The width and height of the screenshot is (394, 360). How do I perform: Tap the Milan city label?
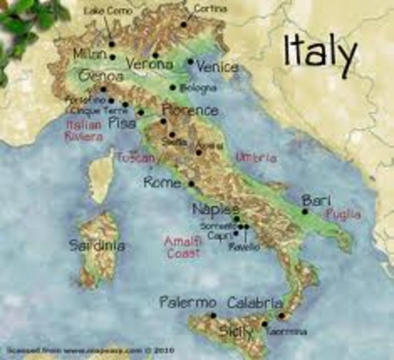coord(89,54)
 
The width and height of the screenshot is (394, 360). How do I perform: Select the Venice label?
coord(217,67)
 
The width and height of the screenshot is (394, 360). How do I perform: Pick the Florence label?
coord(190,111)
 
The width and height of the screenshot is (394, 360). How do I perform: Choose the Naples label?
coord(215,209)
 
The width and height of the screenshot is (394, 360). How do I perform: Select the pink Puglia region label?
coord(343,214)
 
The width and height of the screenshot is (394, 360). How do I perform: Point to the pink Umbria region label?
coord(256,158)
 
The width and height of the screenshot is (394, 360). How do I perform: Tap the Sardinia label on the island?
coord(97,245)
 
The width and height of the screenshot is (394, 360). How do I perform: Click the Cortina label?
coord(209,9)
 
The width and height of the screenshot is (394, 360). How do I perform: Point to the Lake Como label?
coord(106,12)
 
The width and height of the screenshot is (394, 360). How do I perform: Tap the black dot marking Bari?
coord(305,211)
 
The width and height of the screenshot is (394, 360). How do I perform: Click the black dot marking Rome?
coord(191,183)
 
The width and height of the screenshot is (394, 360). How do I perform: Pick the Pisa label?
coord(123,122)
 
